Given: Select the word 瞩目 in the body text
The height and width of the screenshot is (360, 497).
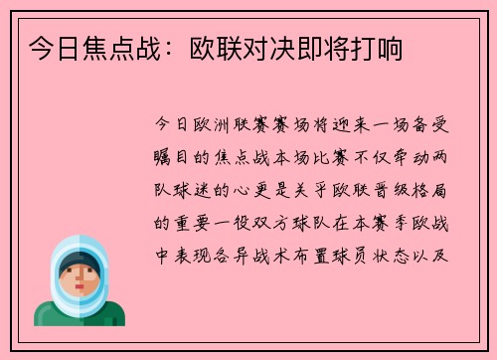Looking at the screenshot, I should pyautogui.click(x=173, y=157).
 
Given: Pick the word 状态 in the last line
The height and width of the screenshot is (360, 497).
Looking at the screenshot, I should pyautogui.click(x=406, y=253).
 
